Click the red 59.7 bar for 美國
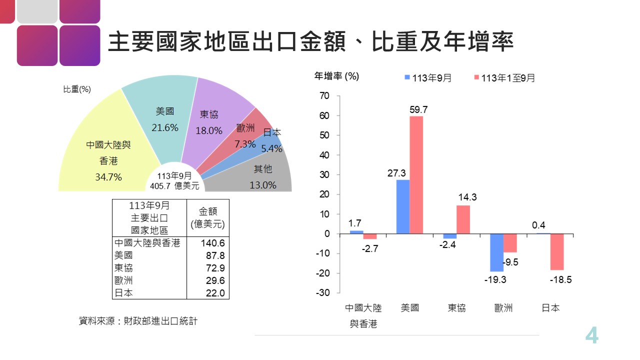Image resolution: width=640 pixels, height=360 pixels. [416, 175]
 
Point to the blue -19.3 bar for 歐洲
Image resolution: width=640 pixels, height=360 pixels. [496, 252]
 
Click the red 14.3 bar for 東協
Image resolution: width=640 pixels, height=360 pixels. [463, 219]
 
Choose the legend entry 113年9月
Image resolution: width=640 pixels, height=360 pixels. [428, 78]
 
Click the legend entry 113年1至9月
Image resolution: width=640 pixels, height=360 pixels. [504, 78]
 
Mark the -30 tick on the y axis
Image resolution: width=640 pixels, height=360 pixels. [323, 292]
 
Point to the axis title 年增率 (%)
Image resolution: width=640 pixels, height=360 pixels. [336, 76]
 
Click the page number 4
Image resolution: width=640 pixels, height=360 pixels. [591, 335]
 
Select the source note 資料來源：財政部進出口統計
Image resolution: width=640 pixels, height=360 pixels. [138, 321]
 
